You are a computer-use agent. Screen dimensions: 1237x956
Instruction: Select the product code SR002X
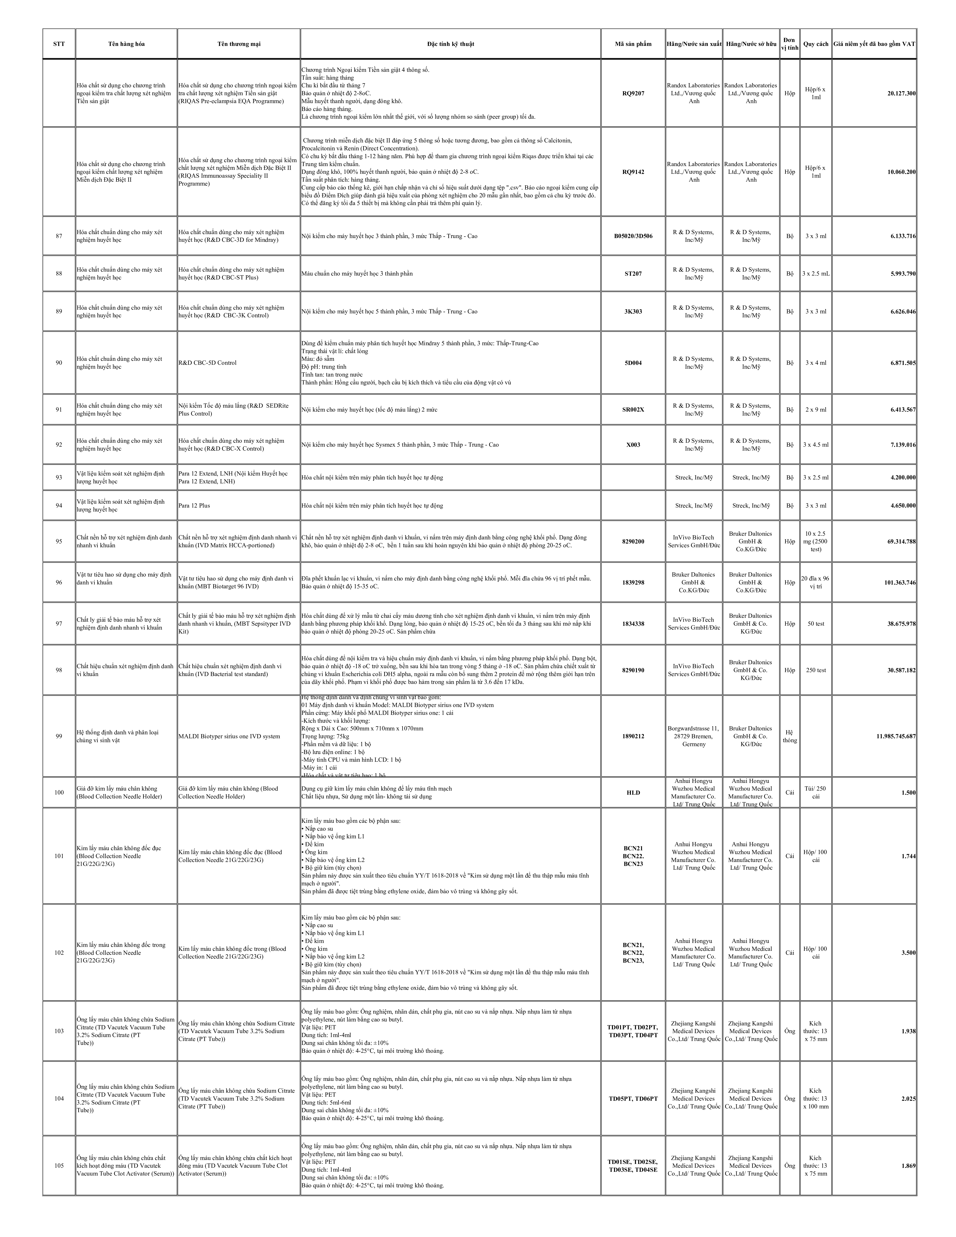pos(633,410)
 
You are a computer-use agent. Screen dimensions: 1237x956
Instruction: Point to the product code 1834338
pos(633,624)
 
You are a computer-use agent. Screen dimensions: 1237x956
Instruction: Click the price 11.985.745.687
pos(896,736)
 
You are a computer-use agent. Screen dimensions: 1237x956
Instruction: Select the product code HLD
pos(633,792)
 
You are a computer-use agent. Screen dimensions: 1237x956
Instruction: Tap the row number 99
pos(59,736)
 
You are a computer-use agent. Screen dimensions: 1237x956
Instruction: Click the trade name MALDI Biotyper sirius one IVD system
pos(229,736)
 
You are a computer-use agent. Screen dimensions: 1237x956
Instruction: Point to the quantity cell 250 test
pos(816,670)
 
